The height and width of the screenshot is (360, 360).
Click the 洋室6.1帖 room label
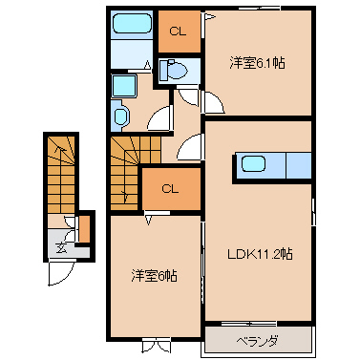point(257,63)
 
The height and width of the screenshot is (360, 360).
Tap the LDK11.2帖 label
point(260,254)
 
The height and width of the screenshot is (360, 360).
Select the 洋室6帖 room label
point(154,276)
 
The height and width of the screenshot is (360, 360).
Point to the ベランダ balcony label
point(257,342)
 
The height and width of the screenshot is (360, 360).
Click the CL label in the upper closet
point(178,32)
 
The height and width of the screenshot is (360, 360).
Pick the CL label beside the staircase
point(170,189)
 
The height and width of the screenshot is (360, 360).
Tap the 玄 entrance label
point(61,247)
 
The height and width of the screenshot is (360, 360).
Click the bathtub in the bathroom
point(132,23)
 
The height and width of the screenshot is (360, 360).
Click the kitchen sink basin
point(253,164)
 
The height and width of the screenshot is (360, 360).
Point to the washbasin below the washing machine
point(119,116)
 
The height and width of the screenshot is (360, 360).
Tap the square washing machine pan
point(124,86)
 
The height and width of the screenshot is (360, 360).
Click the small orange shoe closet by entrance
point(84,229)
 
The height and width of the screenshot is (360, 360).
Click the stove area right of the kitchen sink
point(299,165)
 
